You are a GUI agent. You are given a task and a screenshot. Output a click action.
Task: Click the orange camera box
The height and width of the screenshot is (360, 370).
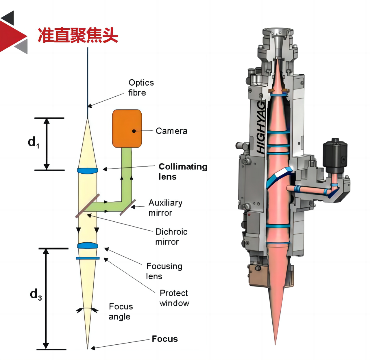pos(127,128)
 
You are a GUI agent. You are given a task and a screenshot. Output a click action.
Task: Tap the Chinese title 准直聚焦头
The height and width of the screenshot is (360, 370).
pos(78,35)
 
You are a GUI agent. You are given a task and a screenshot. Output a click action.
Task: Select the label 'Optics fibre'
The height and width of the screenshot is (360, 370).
pos(141,87)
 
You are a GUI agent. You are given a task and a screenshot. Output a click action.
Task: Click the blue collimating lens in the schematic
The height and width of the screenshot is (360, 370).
pos(87,171)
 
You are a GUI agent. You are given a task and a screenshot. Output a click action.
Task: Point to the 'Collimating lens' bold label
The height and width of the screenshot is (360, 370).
pos(183,171)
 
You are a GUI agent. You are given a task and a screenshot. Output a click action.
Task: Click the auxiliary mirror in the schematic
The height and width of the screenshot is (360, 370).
pos(128,207)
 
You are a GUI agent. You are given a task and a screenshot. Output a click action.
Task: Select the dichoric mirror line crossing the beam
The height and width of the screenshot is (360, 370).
pos(87,206)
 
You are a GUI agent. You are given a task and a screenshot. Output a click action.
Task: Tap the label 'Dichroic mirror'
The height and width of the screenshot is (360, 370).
pos(171,237)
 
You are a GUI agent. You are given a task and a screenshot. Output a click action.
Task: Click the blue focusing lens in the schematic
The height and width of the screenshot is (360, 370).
pos(88,246)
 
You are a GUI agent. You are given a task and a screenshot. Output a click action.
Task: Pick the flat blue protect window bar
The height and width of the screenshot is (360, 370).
pos(88,258)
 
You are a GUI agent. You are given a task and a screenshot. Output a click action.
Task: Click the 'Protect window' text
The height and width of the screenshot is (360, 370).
pos(174,298)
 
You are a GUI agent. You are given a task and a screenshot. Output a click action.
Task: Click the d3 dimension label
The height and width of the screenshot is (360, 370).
pos(36,294)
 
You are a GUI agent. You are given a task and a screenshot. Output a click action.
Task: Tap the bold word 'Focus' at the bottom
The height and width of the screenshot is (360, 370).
pos(165,339)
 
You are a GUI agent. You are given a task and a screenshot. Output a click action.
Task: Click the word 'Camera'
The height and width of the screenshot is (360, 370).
pos(171,131)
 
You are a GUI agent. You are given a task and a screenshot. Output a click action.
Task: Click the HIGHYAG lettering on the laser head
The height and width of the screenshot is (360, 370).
pos(261,127)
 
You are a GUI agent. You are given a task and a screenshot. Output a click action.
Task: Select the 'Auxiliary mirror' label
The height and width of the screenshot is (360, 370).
pos(165,208)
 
